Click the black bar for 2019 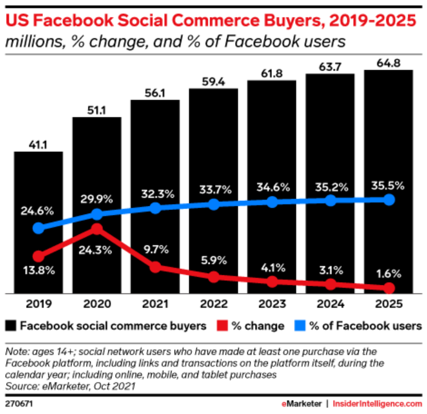pos(38,222)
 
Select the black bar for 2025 pos(388,181)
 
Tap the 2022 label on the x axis pos(213,306)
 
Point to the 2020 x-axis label pos(96,306)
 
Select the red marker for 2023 pos(272,281)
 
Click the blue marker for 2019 pos(39,228)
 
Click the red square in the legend pos(220,326)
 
